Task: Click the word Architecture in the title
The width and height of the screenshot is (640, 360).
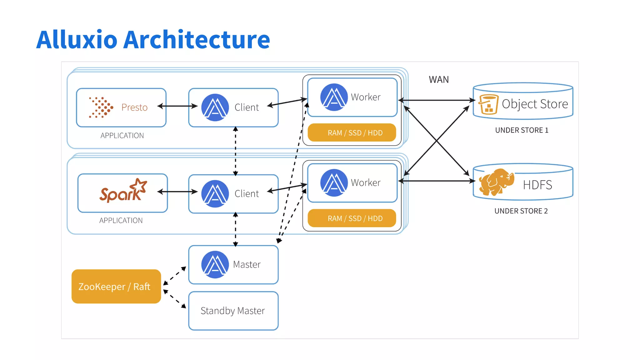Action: [x=196, y=40]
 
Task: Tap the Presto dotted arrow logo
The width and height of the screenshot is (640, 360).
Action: [x=101, y=107]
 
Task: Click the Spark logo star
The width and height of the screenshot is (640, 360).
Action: [x=139, y=186]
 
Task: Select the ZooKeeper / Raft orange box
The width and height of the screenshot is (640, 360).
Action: [x=116, y=286]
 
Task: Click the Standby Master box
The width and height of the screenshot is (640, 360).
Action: [x=233, y=311]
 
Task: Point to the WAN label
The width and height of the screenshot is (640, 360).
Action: [x=438, y=80]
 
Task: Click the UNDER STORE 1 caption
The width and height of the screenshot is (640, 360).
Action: [x=522, y=130]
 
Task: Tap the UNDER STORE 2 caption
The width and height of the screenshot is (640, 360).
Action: [x=521, y=211]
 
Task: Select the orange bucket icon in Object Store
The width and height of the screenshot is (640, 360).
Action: [x=488, y=104]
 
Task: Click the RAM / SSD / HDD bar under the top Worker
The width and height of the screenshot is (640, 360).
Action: [x=352, y=133]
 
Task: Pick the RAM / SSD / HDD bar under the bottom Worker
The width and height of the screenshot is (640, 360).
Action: [x=352, y=218]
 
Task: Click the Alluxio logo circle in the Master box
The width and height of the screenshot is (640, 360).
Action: [x=215, y=264]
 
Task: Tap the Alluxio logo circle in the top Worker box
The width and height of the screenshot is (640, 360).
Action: [x=334, y=97]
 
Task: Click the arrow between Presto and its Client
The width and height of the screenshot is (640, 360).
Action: [x=177, y=106]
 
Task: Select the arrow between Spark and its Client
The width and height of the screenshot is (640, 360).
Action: [x=177, y=192]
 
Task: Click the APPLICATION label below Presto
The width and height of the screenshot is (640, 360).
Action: [x=122, y=136]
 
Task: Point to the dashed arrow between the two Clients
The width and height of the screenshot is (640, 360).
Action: [x=236, y=151]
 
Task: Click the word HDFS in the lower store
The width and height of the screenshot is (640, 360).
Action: [x=537, y=185]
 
